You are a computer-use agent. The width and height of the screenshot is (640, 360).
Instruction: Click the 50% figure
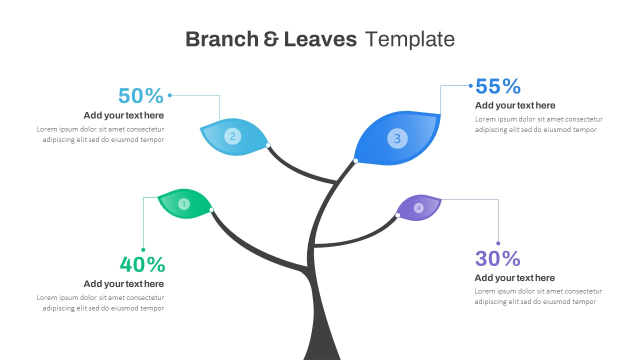click(x=141, y=95)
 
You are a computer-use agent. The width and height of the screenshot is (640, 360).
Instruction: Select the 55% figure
click(x=498, y=86)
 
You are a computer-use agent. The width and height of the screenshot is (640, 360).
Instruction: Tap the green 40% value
click(x=142, y=264)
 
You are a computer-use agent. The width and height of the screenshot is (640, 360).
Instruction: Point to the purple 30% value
click(x=497, y=258)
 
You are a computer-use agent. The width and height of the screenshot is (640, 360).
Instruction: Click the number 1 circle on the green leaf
click(x=183, y=204)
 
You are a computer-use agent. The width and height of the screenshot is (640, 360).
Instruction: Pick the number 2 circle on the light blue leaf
click(x=232, y=136)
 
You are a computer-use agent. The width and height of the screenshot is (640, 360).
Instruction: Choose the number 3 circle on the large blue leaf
click(x=397, y=138)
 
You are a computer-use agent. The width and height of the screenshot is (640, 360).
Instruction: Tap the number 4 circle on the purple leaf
click(x=418, y=208)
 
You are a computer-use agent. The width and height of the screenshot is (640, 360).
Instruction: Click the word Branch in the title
click(x=222, y=39)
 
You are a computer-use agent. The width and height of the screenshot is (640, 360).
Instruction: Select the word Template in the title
click(x=410, y=39)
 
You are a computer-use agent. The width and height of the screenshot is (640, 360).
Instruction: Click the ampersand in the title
click(x=271, y=39)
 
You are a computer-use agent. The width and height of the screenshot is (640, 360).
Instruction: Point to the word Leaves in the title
click(x=320, y=39)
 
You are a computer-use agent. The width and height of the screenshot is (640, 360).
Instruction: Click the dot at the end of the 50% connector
click(x=169, y=95)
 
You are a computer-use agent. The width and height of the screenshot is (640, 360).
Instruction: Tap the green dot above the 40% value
click(x=143, y=249)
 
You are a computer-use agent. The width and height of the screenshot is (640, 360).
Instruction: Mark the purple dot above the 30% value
click(x=498, y=243)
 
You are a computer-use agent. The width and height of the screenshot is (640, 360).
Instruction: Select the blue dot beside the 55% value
click(x=471, y=85)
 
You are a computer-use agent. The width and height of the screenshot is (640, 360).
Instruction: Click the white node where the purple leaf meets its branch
click(x=397, y=215)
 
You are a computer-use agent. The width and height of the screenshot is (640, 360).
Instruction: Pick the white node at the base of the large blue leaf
click(x=355, y=161)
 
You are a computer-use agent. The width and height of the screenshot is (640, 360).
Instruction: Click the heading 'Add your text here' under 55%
click(x=515, y=105)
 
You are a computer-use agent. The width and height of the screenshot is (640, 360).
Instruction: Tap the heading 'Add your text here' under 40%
click(x=123, y=284)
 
